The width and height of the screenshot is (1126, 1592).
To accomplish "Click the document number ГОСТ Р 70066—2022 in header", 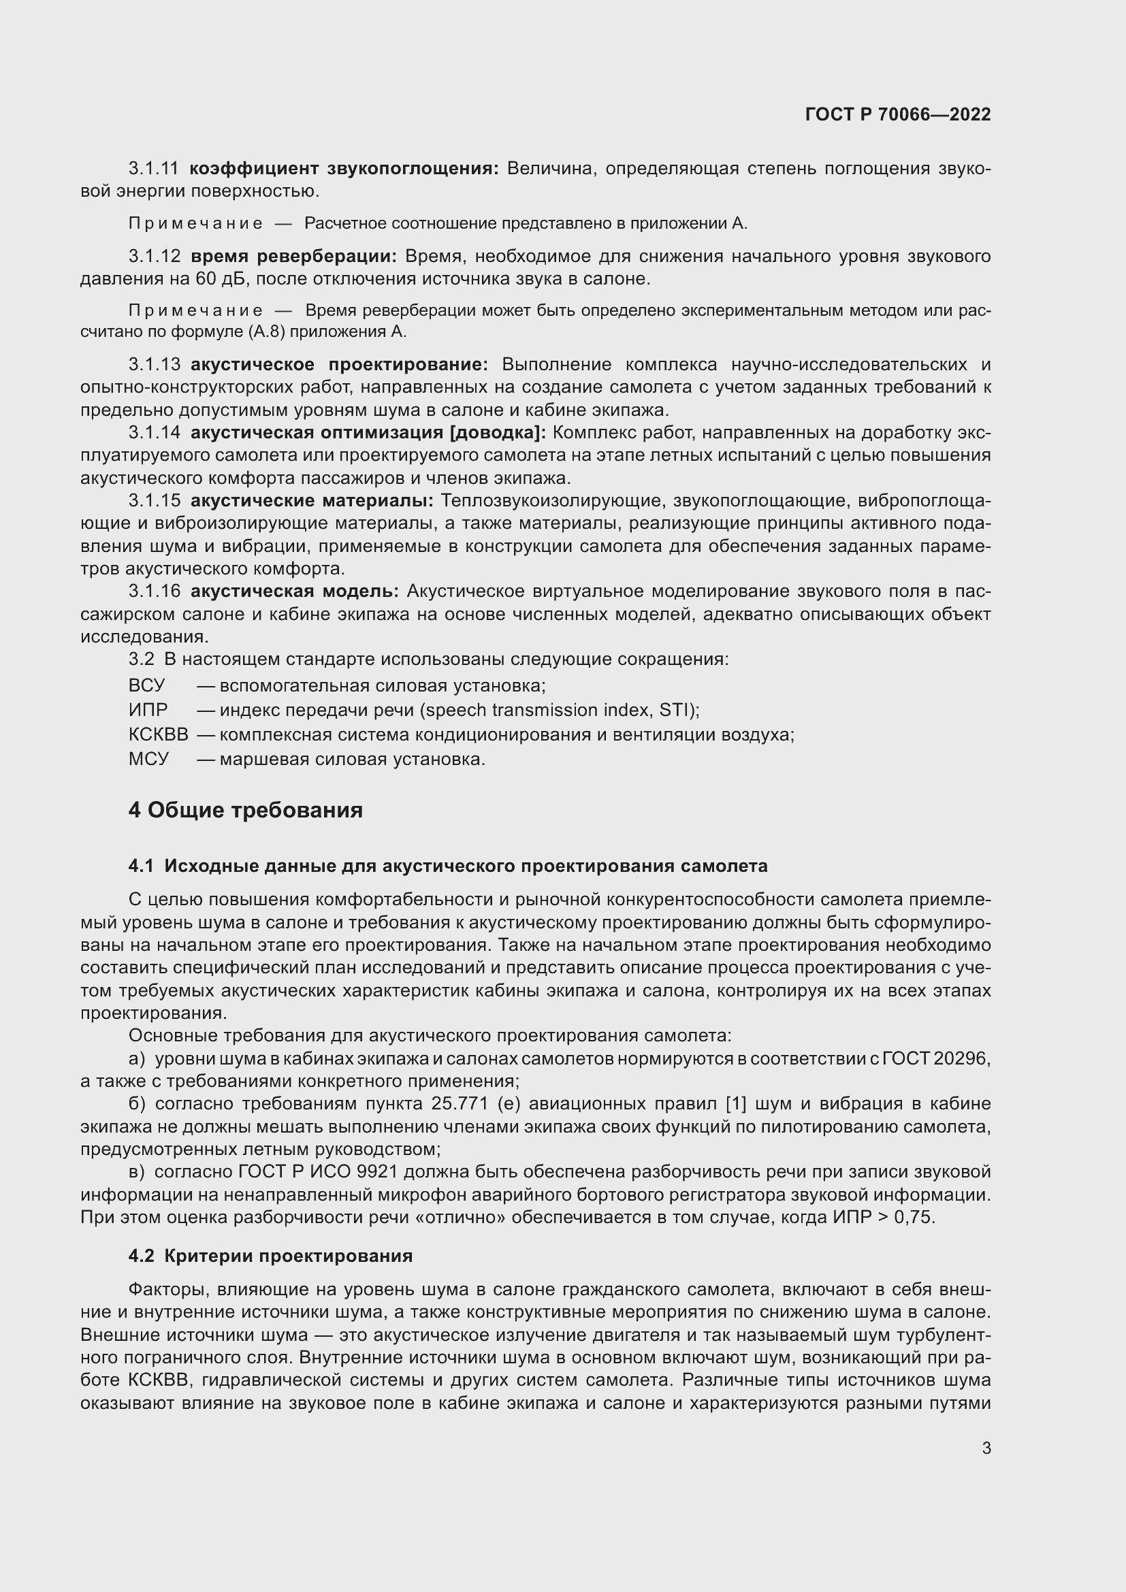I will pos(898,114).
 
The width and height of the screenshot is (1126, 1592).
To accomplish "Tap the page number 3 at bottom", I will pos(986,1448).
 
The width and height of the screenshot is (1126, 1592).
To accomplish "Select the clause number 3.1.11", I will pos(153,169).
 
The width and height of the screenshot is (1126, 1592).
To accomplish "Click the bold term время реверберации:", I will pos(293,257).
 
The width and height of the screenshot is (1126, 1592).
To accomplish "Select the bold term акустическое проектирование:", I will pos(339,365).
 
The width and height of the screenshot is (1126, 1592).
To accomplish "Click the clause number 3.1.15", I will pos(154,501).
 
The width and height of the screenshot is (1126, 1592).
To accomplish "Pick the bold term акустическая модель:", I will pos(294,591).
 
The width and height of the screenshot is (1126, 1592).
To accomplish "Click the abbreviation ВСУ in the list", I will pos(147,686).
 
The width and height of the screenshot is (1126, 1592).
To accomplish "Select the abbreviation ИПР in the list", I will pos(148,710).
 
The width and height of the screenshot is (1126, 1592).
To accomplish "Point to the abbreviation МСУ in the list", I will pos(148,760).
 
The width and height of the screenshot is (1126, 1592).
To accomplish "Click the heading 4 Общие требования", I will pos(246,810).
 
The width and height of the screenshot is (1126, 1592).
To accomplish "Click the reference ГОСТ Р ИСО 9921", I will pos(317,1172).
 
